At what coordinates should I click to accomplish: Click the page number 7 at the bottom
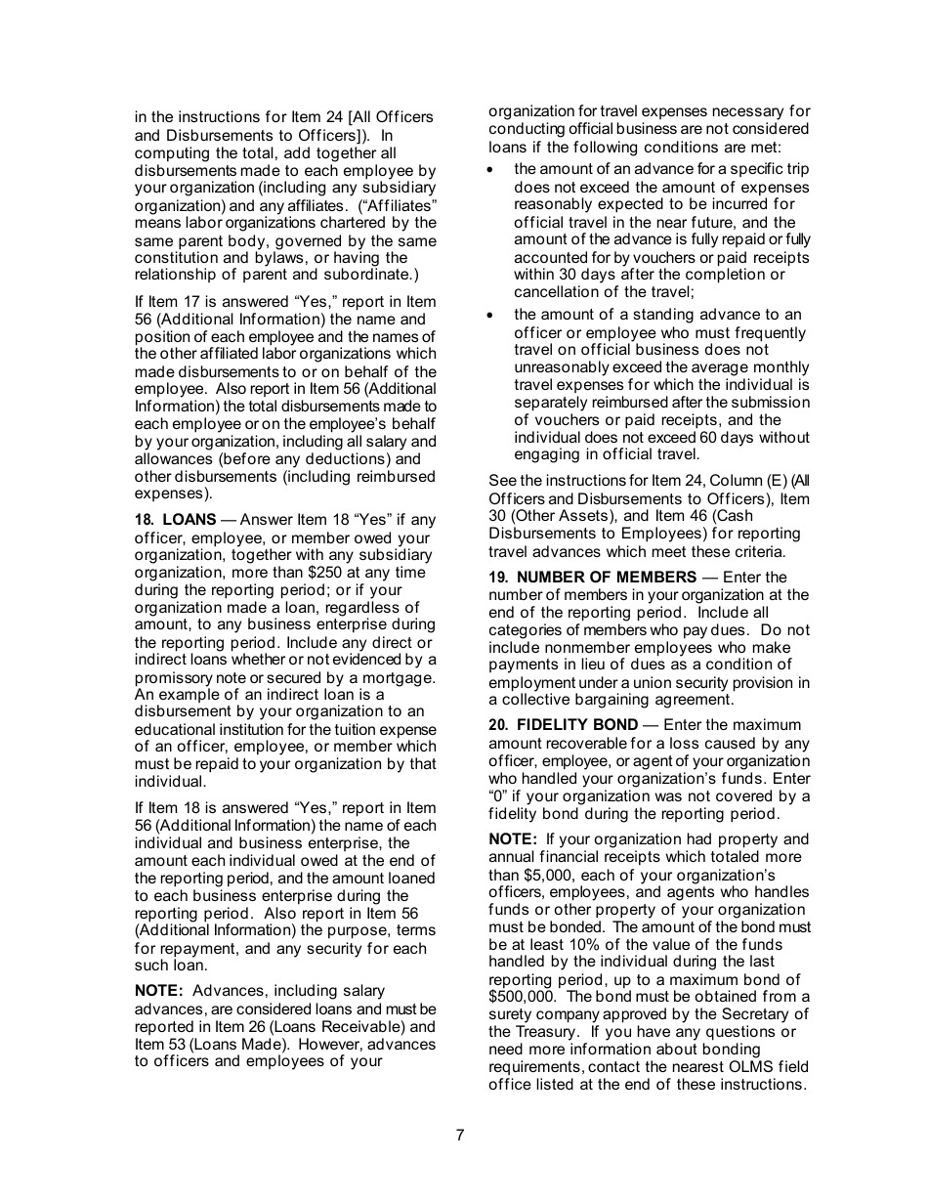pyautogui.click(x=459, y=1135)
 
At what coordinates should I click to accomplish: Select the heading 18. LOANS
pyautogui.click(x=175, y=520)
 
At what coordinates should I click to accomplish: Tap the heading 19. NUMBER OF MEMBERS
pyautogui.click(x=593, y=578)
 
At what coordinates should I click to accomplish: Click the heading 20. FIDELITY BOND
pyautogui.click(x=563, y=725)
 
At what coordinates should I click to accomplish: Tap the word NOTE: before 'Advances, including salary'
pyautogui.click(x=158, y=991)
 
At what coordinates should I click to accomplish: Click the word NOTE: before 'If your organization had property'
pyautogui.click(x=513, y=839)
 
